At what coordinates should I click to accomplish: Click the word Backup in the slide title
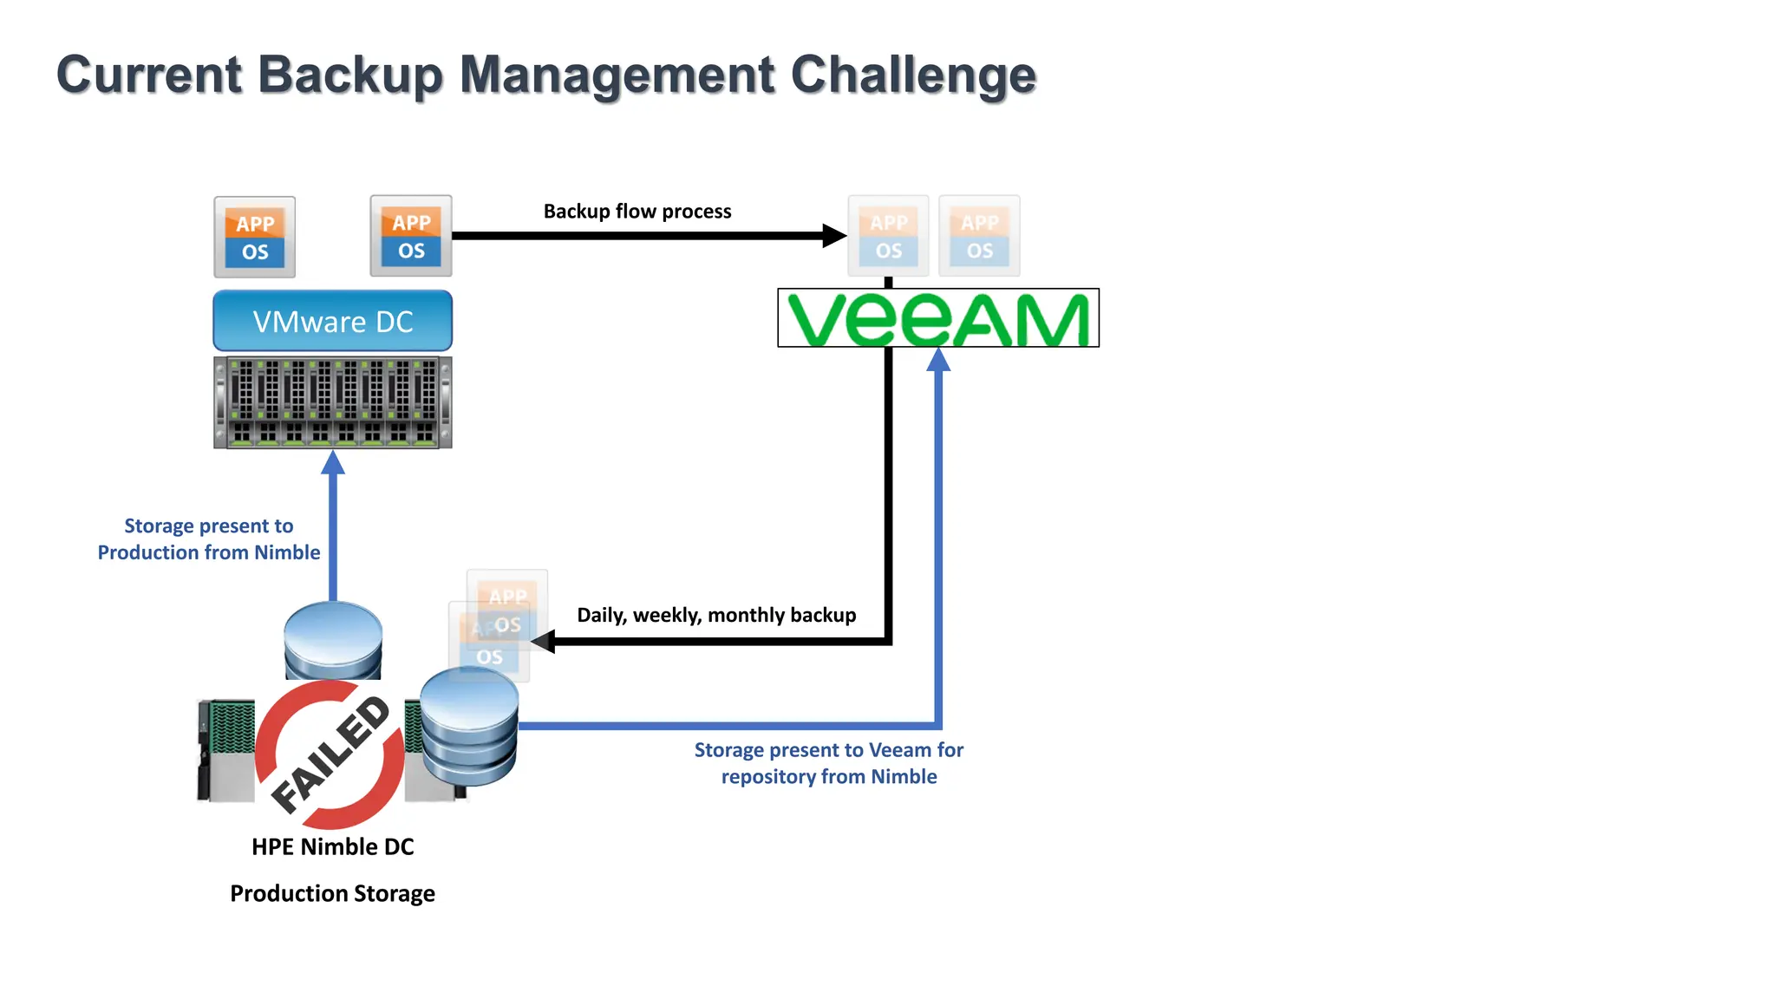click(x=350, y=75)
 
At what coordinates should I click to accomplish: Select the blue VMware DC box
click(x=333, y=321)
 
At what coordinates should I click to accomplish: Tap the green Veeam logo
click(x=938, y=318)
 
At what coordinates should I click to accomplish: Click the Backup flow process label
click(x=637, y=212)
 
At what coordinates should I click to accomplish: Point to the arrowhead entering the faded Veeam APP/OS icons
click(x=834, y=235)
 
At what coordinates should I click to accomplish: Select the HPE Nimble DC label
click(x=333, y=846)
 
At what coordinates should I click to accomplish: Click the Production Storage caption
click(x=333, y=893)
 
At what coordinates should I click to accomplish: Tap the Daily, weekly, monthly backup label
click(x=716, y=615)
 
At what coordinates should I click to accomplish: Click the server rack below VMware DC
click(x=333, y=402)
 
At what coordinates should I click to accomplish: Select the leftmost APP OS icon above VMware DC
click(x=255, y=237)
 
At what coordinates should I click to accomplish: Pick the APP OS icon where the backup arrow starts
click(x=411, y=236)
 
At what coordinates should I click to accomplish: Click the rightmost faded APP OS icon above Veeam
click(x=980, y=236)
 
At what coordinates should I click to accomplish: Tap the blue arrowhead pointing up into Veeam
click(x=938, y=359)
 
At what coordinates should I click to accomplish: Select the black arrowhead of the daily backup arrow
click(x=543, y=642)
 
